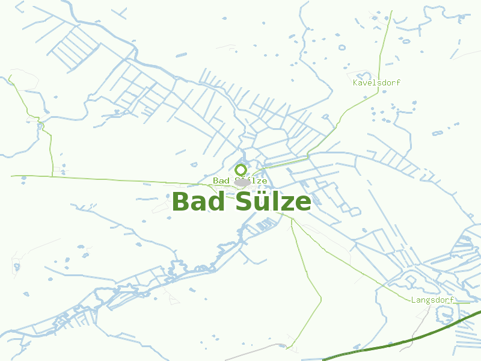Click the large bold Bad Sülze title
pyautogui.click(x=241, y=202)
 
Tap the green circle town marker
pyautogui.click(x=241, y=170)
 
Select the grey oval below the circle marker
pyautogui.click(x=242, y=182)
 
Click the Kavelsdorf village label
pyautogui.click(x=377, y=82)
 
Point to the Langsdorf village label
pyautogui.click(x=432, y=300)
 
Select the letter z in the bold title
pyautogui.click(x=286, y=203)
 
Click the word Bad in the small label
pyautogui.click(x=221, y=180)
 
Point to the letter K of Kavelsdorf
pyautogui.click(x=356, y=82)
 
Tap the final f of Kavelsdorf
pyautogui.click(x=398, y=82)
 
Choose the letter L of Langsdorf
pyautogui.click(x=414, y=300)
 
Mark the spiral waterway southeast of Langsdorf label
pyautogui.click(x=446, y=314)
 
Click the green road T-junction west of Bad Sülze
pyautogui.click(x=52, y=176)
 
